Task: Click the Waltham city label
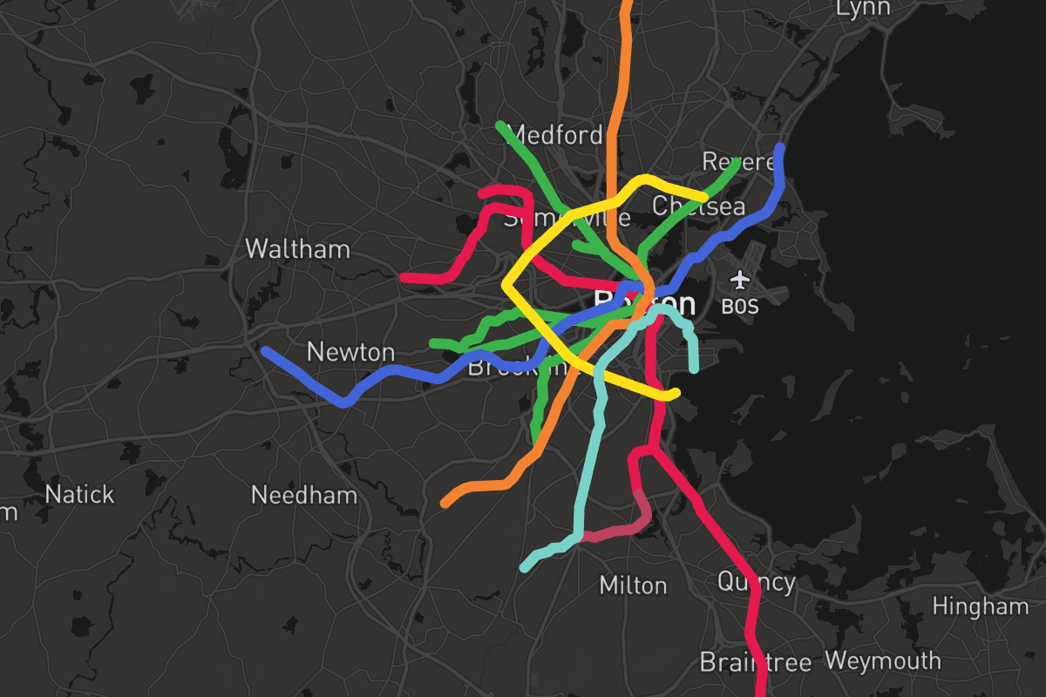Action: (297, 249)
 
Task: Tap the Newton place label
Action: (350, 352)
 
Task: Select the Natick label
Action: (79, 495)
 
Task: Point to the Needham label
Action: (304, 496)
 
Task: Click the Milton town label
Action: (633, 585)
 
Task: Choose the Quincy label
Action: (757, 581)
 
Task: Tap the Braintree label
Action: (756, 661)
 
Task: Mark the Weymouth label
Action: (883, 660)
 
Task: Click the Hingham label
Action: (981, 606)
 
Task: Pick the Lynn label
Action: (863, 8)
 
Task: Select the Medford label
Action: (554, 135)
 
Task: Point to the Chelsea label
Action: (699, 206)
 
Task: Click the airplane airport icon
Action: (740, 281)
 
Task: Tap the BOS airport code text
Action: (740, 307)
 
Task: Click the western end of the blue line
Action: (265, 351)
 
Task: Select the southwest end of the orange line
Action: (445, 504)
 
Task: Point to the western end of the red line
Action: (404, 277)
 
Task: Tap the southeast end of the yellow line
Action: (675, 395)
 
